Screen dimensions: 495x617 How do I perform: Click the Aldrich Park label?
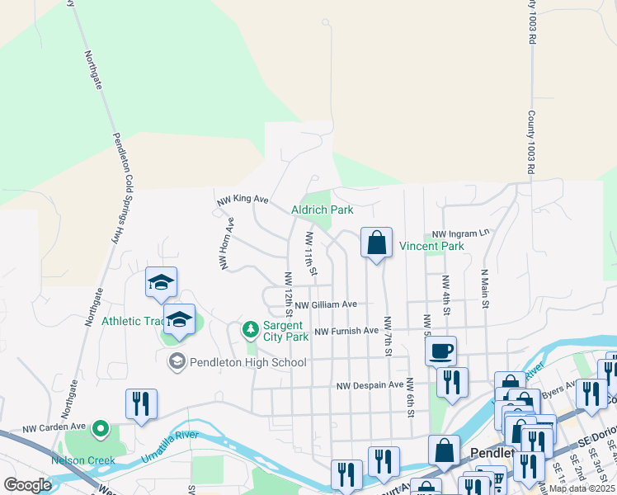tap(323, 210)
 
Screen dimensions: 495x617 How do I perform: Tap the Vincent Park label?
tap(431, 246)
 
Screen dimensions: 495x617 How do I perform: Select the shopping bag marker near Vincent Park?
tap(376, 243)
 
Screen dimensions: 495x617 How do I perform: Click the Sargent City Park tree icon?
tap(250, 330)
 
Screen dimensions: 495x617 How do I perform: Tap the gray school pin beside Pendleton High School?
tap(176, 361)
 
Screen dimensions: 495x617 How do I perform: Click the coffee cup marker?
tap(440, 351)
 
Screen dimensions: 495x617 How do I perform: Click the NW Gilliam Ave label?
tap(326, 304)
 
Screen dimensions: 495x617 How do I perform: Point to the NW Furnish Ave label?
tap(346, 331)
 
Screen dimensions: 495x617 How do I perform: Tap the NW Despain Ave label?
tap(370, 385)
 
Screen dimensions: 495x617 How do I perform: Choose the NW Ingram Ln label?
tap(455, 234)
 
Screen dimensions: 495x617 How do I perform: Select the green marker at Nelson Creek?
tap(101, 428)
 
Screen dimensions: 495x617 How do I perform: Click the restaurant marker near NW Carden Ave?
tap(141, 403)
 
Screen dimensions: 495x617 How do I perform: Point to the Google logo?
tap(27, 485)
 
